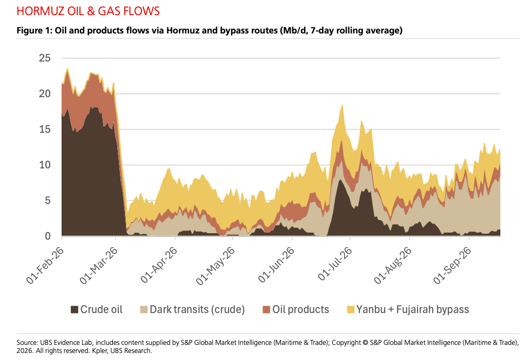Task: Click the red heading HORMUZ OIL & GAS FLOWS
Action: [x=88, y=11]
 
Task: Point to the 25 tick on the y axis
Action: [x=45, y=58]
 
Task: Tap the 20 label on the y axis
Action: [x=45, y=94]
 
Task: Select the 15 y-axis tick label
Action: [x=45, y=129]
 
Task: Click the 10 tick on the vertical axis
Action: [x=45, y=165]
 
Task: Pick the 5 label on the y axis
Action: [x=48, y=201]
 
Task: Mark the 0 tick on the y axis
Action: [x=48, y=236]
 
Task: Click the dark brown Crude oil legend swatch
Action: [x=74, y=310]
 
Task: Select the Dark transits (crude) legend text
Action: [x=197, y=310]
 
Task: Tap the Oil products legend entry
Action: [x=295, y=310]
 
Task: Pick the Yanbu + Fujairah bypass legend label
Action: [x=413, y=310]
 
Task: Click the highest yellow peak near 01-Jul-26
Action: [x=342, y=105]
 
